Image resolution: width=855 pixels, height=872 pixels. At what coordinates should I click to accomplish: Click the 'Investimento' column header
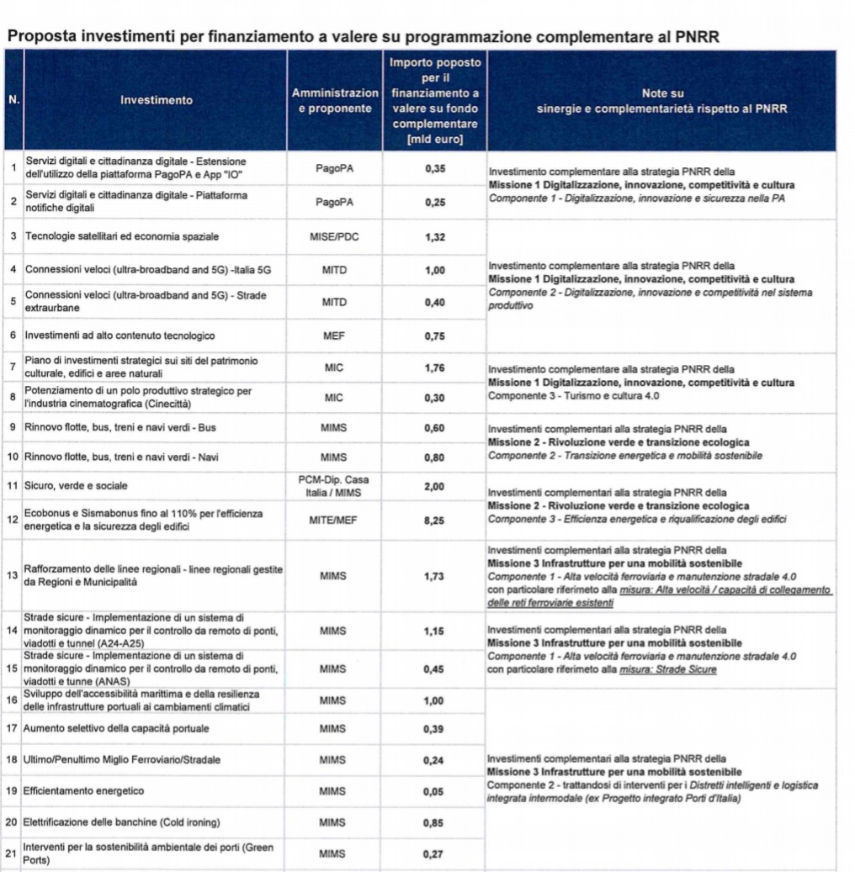(156, 100)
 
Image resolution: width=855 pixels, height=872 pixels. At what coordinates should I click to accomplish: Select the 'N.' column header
(13, 100)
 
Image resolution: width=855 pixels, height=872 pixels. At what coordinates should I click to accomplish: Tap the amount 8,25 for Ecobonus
(434, 521)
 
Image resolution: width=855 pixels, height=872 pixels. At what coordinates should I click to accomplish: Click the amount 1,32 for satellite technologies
(434, 237)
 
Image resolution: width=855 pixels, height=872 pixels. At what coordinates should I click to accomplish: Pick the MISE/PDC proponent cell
(334, 237)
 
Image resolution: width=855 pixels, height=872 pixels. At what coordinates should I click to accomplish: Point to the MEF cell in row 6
(334, 336)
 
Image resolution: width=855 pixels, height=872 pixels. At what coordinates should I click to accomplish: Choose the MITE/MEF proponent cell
(334, 521)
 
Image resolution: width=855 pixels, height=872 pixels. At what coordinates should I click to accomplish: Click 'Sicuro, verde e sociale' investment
(77, 486)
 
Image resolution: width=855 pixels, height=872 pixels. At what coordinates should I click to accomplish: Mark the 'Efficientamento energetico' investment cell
(83, 791)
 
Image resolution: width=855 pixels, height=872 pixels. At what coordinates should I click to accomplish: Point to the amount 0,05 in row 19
(434, 791)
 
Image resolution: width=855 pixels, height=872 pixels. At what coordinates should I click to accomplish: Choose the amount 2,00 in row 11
(434, 486)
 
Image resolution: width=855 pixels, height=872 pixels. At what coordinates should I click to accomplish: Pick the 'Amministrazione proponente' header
(334, 100)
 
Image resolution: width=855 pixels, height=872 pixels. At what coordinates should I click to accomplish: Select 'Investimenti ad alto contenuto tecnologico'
(119, 336)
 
